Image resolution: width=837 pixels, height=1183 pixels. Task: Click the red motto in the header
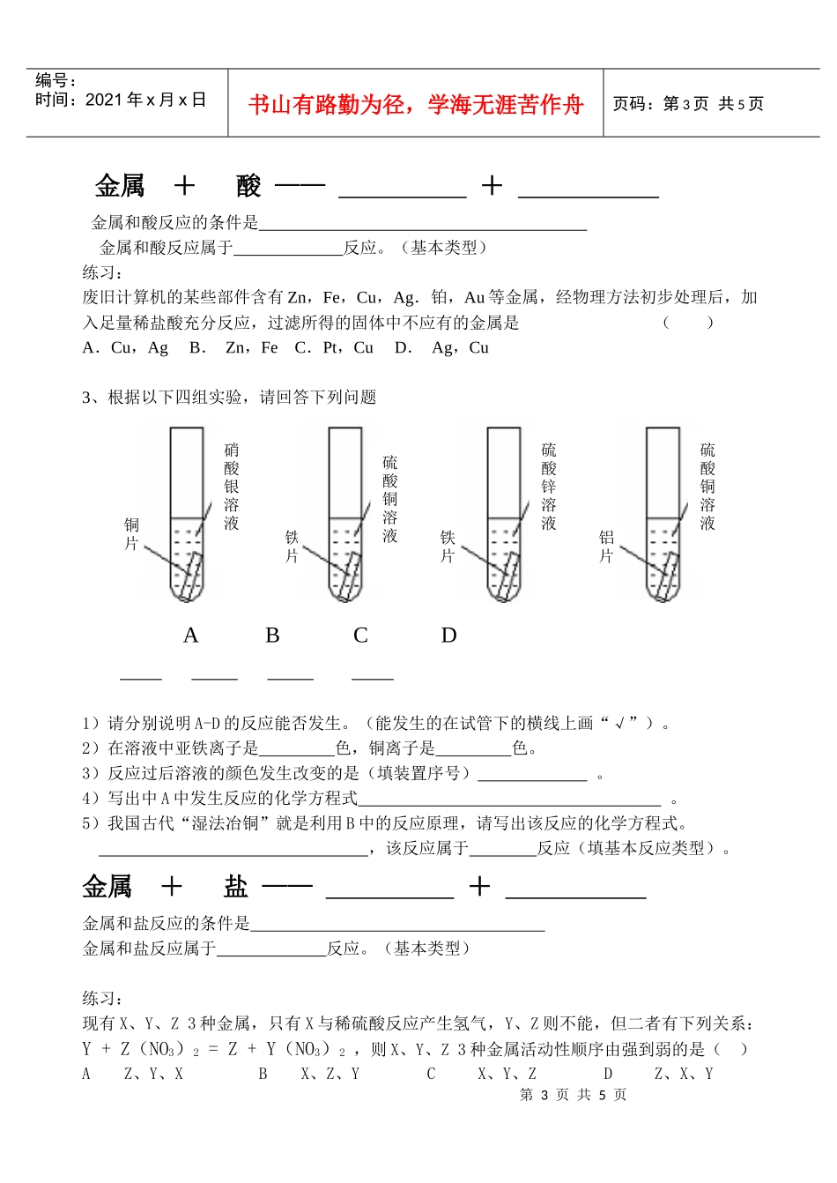click(416, 105)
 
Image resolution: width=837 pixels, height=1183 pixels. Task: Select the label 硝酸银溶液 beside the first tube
click(232, 487)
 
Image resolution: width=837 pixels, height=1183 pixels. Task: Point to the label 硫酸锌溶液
click(549, 487)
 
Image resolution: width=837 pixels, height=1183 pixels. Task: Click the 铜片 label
click(131, 534)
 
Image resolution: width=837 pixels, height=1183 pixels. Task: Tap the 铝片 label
click(606, 547)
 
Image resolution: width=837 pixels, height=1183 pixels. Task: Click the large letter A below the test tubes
click(190, 636)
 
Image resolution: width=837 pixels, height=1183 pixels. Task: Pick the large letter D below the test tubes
click(448, 636)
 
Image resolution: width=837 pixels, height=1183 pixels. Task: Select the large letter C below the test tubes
click(360, 636)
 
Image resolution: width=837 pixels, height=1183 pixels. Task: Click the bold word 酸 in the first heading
click(249, 186)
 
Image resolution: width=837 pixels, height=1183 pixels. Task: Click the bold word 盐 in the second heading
click(236, 887)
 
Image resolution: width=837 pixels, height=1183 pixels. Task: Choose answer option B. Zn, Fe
click(233, 348)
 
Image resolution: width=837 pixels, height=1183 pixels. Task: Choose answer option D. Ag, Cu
click(441, 348)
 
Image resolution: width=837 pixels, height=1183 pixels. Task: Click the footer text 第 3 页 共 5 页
click(573, 1095)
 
